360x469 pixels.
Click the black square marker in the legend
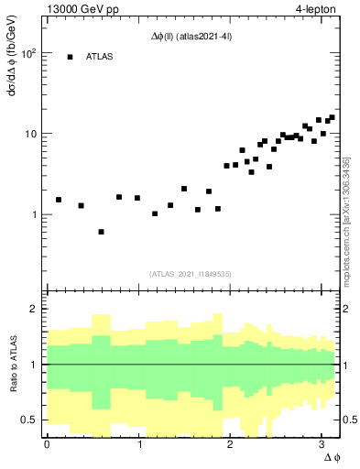tap(70, 57)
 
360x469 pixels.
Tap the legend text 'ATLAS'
tap(100, 57)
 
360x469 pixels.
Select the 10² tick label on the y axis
tap(29, 53)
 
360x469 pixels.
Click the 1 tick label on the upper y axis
tap(34, 214)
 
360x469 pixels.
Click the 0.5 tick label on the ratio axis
tap(29, 420)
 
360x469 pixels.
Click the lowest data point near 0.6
tap(101, 232)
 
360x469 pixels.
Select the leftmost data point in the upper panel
tap(59, 200)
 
